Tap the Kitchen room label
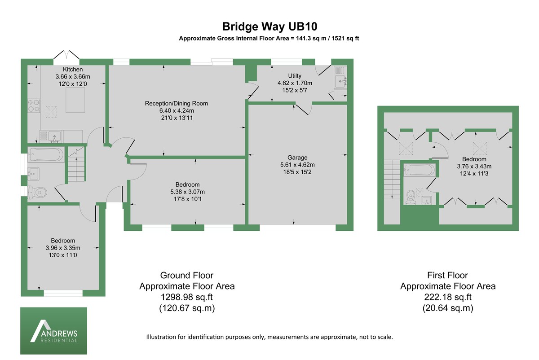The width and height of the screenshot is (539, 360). point(73,70)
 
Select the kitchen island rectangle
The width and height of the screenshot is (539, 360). point(74,100)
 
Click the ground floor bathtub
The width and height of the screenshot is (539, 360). point(45,155)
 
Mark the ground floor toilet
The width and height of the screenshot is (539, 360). point(38,193)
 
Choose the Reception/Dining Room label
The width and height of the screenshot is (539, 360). point(177,103)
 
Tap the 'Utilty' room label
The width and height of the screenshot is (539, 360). point(295,76)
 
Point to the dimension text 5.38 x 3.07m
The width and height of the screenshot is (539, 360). point(188,192)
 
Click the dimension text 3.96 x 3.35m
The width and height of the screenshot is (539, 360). point(63,248)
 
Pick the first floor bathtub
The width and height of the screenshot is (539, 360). point(420,170)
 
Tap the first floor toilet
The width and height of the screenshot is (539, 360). point(411,197)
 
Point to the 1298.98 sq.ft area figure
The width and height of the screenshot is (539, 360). point(187,297)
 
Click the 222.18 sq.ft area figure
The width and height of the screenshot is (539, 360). point(448,297)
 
